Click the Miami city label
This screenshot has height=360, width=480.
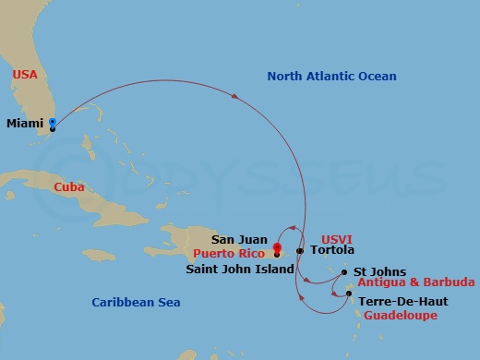pos(25,123)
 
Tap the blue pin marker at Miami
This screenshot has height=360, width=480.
pos(53,123)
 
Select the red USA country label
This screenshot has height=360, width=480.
pos(25,74)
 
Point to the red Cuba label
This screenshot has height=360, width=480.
pos(69,186)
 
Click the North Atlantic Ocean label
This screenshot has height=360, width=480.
pos(331,77)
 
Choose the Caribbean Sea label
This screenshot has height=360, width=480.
pos(136,302)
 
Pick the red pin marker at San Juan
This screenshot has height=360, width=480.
pos(277,247)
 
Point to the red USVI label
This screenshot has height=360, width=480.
pos(336,238)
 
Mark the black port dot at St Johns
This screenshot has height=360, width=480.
pos(345,272)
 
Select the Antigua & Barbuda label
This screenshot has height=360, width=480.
pos(418,282)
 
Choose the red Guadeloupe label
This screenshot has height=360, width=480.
pos(399,316)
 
